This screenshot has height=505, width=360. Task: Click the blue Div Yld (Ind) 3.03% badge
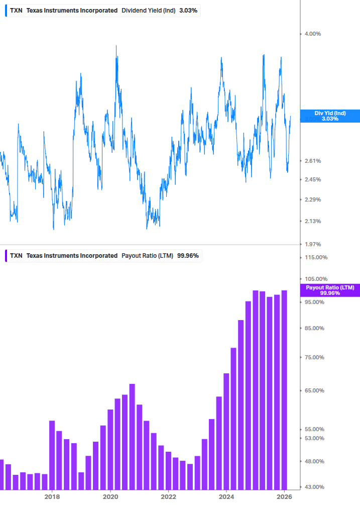coord(330,116)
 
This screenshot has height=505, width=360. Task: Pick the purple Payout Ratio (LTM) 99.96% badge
coord(330,290)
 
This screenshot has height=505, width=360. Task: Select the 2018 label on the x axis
coord(52,496)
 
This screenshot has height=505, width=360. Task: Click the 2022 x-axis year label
coord(168,496)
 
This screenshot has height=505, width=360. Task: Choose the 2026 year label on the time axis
coord(284,496)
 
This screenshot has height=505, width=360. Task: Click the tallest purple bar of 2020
coord(132,437)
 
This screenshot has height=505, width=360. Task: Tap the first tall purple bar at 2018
coord(52,455)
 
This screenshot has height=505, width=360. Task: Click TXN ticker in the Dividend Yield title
coord(16,11)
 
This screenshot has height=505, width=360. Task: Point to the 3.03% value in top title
coord(188,11)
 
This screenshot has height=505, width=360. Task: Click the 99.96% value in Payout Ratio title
coord(188,256)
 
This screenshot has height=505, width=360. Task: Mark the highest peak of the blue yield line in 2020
coord(116,46)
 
